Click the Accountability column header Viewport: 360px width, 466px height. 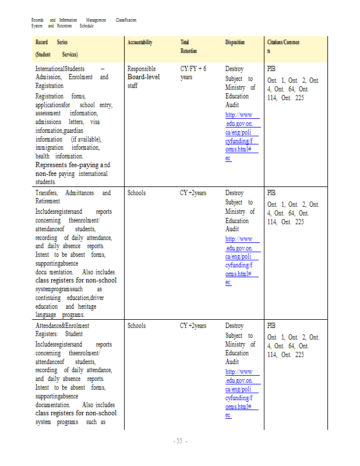140,43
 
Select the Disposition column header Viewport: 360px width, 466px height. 235,43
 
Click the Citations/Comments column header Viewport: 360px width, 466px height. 283,47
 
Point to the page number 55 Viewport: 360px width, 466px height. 179,441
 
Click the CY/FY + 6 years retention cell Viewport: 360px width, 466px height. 193,73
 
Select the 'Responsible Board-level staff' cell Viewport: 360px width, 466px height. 143,77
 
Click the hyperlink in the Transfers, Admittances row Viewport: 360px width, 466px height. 242,260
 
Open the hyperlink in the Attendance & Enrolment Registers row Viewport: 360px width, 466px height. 242,393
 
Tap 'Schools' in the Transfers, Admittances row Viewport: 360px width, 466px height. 136,193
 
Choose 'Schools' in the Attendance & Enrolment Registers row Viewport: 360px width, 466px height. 136,326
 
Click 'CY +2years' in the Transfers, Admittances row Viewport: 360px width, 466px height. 193,193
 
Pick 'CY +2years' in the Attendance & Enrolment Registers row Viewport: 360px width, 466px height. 193,326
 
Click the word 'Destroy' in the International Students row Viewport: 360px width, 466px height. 234,69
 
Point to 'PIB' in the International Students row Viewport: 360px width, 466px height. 271,69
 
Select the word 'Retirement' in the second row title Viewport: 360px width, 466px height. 49,202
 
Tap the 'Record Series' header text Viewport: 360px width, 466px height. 51,43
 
